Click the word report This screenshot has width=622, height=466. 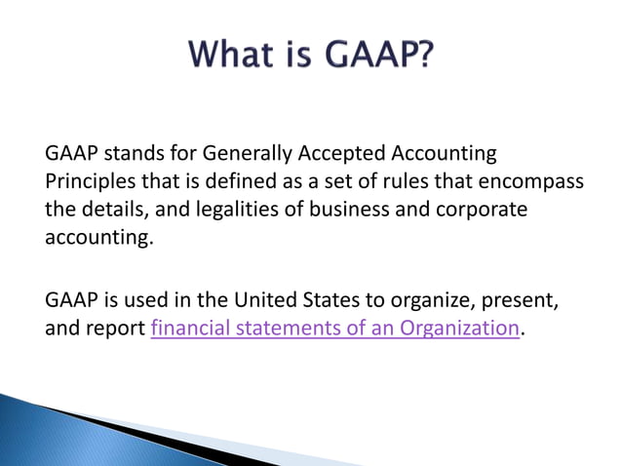coord(116,329)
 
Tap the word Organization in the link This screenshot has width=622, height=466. coord(458,329)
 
